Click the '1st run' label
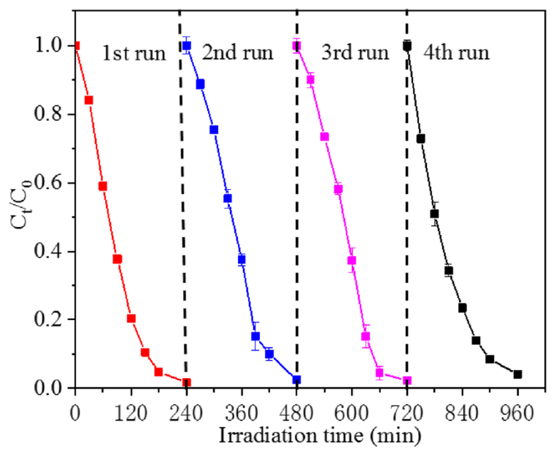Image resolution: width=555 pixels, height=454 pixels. tap(134, 54)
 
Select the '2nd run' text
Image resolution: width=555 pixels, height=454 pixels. tap(237, 53)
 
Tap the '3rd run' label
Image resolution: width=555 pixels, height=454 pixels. tap(355, 53)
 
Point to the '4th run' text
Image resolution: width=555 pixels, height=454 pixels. tap(456, 53)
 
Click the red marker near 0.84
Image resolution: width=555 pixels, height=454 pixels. tap(89, 100)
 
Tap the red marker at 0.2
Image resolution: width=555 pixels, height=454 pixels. tap(131, 319)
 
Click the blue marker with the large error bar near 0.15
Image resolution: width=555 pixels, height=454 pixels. tap(255, 336)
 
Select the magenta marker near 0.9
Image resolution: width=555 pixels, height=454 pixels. tap(310, 79)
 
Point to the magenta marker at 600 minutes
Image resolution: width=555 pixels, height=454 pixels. tap(352, 261)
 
